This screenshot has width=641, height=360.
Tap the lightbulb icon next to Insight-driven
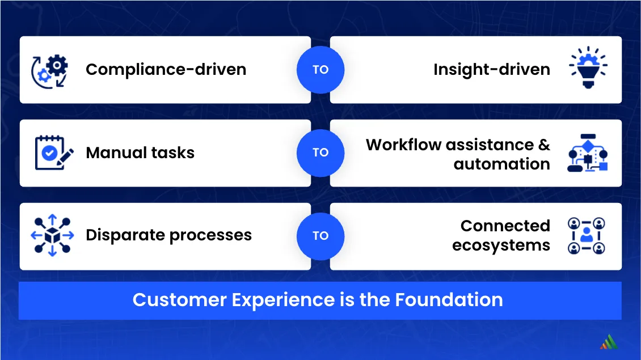click(588, 67)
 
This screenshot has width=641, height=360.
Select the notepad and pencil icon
click(54, 153)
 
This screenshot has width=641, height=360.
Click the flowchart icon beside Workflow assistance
click(588, 153)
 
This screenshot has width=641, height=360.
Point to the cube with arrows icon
click(52, 235)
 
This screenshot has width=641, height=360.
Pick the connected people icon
click(586, 236)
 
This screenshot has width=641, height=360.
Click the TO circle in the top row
click(320, 70)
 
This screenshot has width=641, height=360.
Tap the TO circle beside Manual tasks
click(320, 153)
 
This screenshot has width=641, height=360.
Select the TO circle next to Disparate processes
click(320, 236)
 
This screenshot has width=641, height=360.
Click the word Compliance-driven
click(166, 70)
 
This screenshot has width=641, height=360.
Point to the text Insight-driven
click(492, 70)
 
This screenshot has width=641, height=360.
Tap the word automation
click(501, 164)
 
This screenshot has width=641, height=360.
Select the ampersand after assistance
click(544, 145)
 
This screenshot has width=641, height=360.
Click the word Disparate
click(125, 235)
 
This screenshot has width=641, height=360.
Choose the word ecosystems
click(501, 245)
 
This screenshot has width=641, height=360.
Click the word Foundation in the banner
click(449, 300)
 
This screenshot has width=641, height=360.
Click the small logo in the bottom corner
click(609, 342)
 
